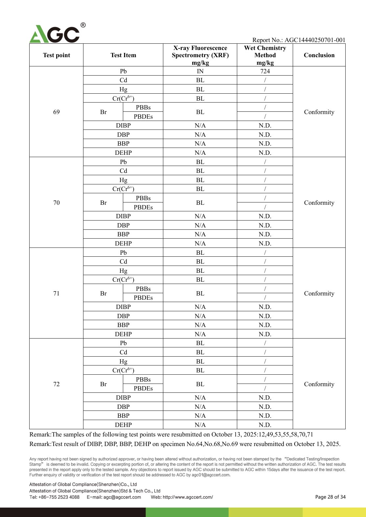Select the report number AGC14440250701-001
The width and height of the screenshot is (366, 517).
[x=315, y=40]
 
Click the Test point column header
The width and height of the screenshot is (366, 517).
[x=57, y=55]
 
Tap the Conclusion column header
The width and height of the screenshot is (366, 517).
[x=319, y=55]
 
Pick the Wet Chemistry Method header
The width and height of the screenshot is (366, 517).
[x=265, y=55]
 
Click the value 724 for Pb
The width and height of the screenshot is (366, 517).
[x=265, y=71]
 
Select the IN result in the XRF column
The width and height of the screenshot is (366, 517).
[x=200, y=71]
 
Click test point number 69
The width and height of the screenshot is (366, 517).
[x=57, y=112]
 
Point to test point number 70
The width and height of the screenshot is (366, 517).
[x=57, y=203]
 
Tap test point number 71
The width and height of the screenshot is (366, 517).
[x=57, y=294]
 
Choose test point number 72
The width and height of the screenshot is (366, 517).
[x=57, y=384]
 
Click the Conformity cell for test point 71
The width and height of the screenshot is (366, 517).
[x=319, y=294]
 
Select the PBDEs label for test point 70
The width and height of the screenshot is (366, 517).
[x=143, y=207]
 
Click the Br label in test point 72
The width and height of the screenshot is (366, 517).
[x=103, y=384]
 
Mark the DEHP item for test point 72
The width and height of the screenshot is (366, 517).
[x=123, y=425]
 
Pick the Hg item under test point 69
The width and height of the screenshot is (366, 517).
[x=123, y=89]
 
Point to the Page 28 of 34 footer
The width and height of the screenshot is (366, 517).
[x=330, y=497]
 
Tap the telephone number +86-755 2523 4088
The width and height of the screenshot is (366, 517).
[x=59, y=497]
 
